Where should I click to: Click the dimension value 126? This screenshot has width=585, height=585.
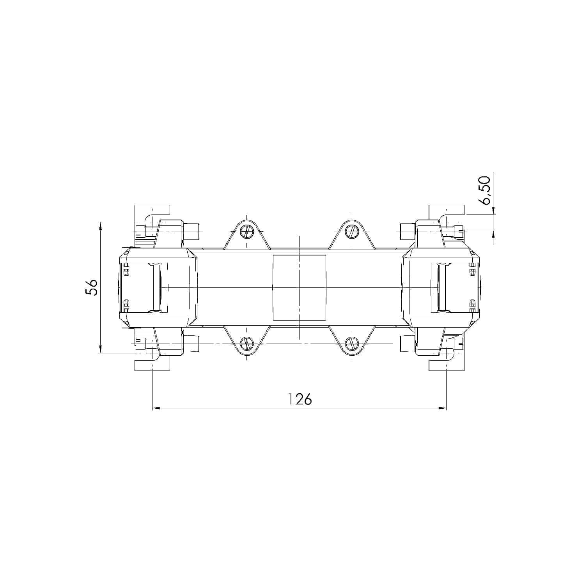(x=300, y=399)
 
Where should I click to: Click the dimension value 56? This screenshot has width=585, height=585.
(x=92, y=287)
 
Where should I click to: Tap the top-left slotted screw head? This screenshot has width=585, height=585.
(x=247, y=232)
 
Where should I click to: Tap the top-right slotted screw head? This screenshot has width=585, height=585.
(x=352, y=232)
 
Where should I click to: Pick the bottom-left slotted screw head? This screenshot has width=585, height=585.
(x=247, y=344)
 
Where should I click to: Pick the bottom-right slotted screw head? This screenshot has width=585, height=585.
(x=352, y=344)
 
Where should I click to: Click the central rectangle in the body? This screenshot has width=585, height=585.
(x=299, y=287)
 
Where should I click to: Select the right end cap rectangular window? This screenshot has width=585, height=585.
(x=454, y=287)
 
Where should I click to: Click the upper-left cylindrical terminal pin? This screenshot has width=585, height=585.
(x=191, y=231)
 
